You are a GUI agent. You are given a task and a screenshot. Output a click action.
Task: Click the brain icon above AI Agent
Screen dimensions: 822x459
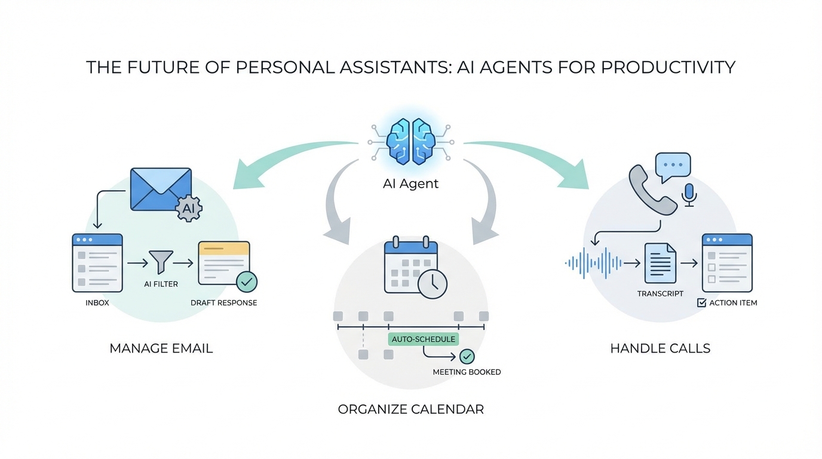[x=410, y=142]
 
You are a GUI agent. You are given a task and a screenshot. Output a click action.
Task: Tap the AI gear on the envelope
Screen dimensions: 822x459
[x=189, y=208]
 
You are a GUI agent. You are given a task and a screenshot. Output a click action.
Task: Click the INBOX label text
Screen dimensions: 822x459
[x=97, y=303]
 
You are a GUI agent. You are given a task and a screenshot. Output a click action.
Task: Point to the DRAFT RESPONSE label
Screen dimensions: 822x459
[x=224, y=303]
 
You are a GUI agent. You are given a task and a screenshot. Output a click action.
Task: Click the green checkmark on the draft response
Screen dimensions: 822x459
[x=247, y=281]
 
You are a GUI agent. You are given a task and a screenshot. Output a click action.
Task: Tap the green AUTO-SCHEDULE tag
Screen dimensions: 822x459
[x=424, y=339]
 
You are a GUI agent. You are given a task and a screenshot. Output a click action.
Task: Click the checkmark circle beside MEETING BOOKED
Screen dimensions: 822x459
[x=467, y=356]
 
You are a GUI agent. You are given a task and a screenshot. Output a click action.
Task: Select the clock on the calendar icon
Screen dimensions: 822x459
[x=433, y=284]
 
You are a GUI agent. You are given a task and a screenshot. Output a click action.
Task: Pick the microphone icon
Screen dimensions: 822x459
[x=689, y=195]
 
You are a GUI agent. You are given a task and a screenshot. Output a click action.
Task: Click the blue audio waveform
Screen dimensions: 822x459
[x=593, y=263]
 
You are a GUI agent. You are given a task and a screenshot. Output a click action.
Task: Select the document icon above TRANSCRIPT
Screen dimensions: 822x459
[x=660, y=264]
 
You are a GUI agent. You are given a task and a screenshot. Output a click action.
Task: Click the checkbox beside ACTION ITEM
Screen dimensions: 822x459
[x=702, y=302]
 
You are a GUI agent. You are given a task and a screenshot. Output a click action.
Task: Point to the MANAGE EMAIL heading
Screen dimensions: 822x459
[x=161, y=348]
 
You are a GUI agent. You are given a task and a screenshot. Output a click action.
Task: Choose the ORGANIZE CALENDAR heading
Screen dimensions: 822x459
[x=410, y=409]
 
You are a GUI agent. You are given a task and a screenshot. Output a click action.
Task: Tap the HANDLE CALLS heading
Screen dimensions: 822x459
[x=660, y=348]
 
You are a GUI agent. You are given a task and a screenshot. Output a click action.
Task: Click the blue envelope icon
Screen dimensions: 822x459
[x=161, y=189]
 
